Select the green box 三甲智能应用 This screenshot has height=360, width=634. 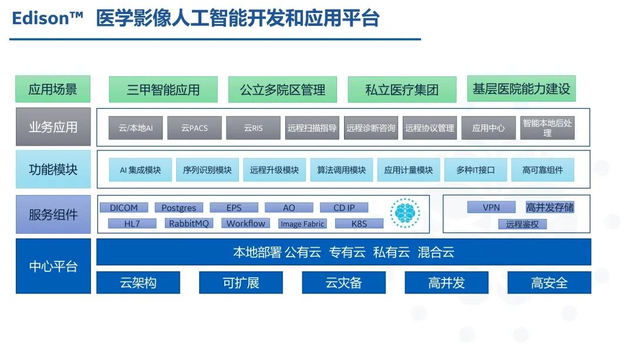click(x=163, y=89)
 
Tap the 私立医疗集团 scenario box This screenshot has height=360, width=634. click(x=402, y=89)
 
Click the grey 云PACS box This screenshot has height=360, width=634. click(x=194, y=128)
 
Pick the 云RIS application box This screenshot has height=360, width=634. click(x=253, y=128)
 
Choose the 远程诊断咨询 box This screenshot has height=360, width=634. click(x=371, y=128)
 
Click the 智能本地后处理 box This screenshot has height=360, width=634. click(x=547, y=128)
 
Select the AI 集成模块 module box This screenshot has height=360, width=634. click(x=140, y=170)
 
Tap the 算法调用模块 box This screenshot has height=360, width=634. click(x=341, y=170)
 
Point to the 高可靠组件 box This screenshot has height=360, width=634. click(x=542, y=170)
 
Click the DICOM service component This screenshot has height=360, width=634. click(x=124, y=207)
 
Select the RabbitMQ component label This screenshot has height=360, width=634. click(x=189, y=223)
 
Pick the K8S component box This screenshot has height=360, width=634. click(x=359, y=223)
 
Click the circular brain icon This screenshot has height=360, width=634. click(x=404, y=213)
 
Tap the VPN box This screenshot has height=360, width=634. click(x=491, y=207)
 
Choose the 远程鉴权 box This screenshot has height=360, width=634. click(x=522, y=224)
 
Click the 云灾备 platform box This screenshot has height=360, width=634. click(x=343, y=282)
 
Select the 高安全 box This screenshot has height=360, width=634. click(x=549, y=282)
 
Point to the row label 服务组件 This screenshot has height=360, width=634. click(x=53, y=214)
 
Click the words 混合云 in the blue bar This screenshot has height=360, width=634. click(x=436, y=253)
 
